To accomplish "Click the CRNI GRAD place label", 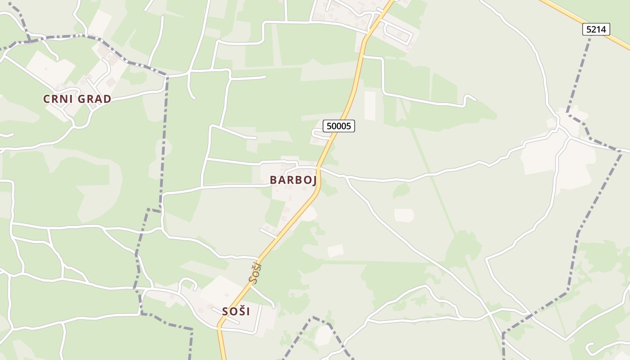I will [77, 99].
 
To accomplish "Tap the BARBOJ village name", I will [293, 180].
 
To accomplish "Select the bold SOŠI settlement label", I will [236, 311].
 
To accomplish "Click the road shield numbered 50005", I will [339, 126].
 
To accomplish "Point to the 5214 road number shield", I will [597, 30].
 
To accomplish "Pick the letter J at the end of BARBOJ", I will [314, 180].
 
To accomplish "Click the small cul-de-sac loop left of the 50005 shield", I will [317, 133].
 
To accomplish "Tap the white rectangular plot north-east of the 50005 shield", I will [370, 106].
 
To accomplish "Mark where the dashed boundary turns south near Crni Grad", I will [167, 76].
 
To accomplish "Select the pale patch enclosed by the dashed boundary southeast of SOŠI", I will [324, 335].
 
